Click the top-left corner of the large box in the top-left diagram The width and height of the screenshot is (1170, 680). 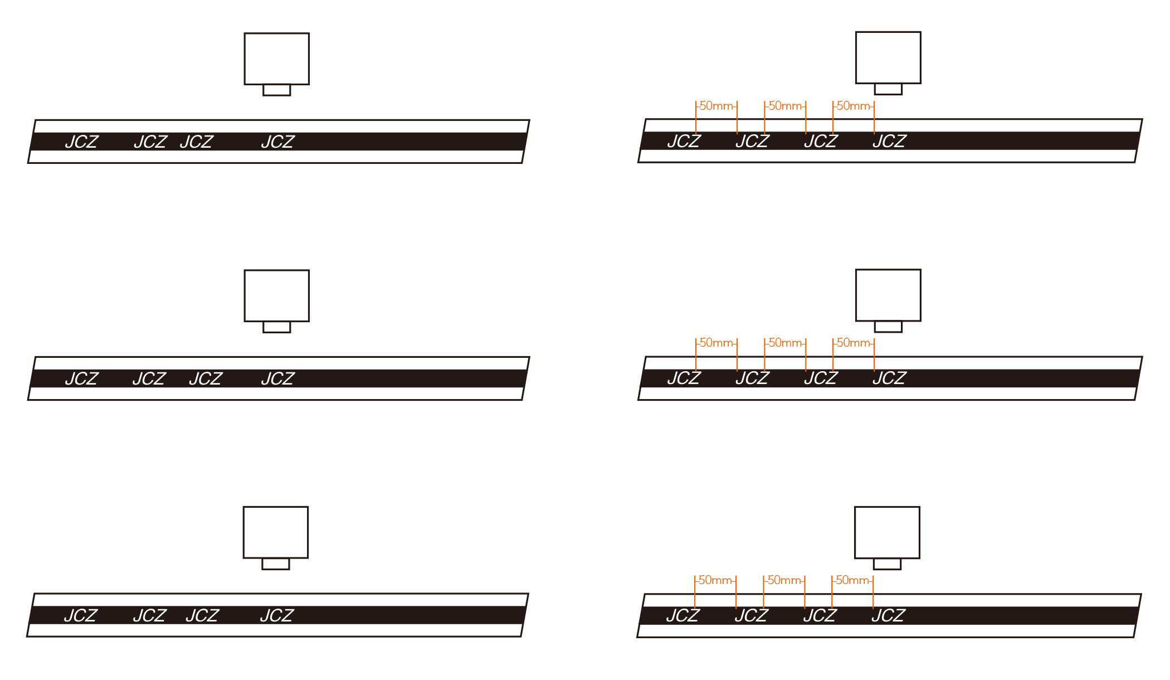point(245,33)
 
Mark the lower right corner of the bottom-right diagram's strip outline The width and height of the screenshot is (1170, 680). point(1134,637)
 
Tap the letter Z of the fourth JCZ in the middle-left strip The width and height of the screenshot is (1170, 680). point(288,379)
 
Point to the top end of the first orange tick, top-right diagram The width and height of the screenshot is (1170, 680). point(696,101)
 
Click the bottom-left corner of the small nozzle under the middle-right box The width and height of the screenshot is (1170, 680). point(875,332)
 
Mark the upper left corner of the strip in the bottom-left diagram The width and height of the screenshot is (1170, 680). point(35,594)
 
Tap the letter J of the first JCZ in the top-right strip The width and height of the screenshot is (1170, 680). point(672,142)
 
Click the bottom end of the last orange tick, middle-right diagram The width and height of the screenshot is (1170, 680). point(874,372)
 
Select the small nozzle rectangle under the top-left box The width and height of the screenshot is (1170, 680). point(277,90)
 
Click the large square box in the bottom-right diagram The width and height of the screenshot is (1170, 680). point(887,532)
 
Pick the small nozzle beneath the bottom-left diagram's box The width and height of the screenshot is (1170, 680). point(276,564)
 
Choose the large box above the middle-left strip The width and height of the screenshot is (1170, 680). point(277,296)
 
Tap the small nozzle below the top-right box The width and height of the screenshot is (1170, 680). point(888,89)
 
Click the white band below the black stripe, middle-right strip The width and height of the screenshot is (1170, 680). point(888,394)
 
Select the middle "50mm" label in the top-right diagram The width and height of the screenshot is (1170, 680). point(785,106)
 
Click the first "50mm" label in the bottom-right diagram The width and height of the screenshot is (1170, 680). point(715,580)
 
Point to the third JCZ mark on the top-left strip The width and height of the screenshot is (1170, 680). point(197,142)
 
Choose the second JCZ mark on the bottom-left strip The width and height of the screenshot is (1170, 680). point(150,616)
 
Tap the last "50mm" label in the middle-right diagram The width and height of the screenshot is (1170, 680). point(854,343)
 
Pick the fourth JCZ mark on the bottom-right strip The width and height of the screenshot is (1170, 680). point(889,616)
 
